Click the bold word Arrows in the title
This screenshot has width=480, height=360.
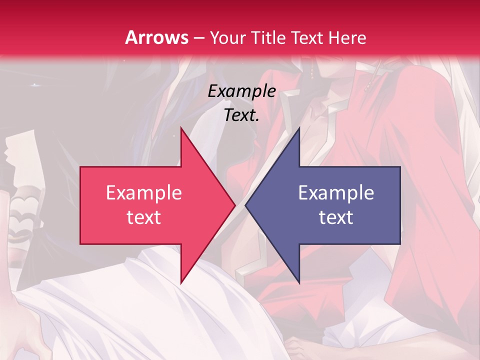click(157, 37)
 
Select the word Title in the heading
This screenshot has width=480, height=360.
click(269, 37)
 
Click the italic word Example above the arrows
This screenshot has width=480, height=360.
click(242, 91)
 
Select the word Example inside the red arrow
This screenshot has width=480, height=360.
click(144, 192)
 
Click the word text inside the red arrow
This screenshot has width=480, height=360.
click(144, 217)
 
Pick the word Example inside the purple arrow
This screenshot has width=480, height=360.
click(336, 192)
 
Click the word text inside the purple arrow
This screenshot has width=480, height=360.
click(336, 217)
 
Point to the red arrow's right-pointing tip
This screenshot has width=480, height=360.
click(235, 205)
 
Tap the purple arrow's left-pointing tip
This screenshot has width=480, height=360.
click(245, 205)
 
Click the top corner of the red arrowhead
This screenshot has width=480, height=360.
click(181, 128)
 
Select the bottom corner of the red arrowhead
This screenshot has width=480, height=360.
click(181, 283)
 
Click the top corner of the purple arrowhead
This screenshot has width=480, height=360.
click(299, 128)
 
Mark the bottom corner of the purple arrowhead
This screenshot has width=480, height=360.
click(299, 283)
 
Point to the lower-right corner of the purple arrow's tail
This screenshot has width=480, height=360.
click(400, 244)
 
